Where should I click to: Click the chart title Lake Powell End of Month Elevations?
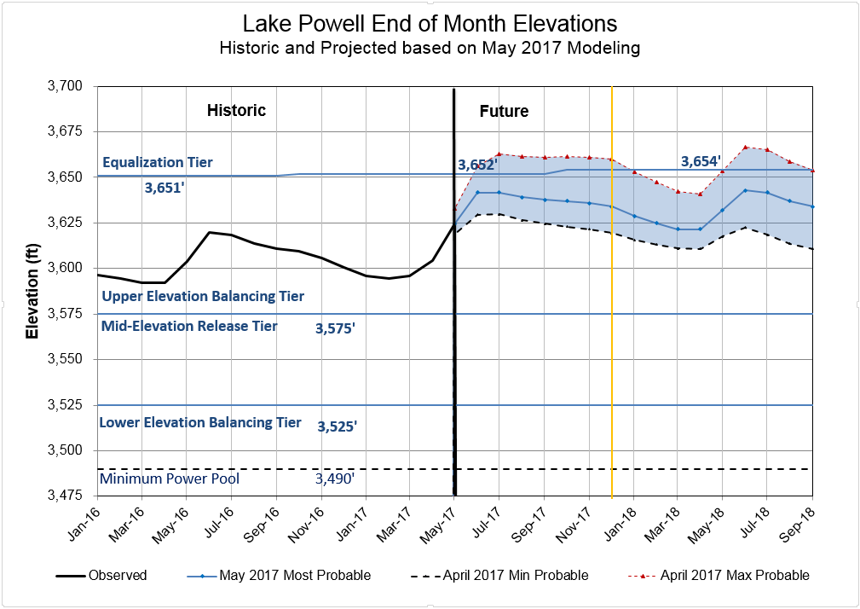click(430, 23)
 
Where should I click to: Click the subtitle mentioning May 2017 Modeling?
click(430, 48)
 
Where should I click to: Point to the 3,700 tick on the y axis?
click(65, 86)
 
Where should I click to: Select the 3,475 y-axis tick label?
click(65, 496)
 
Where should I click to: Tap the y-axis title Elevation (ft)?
click(32, 290)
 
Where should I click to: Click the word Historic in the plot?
click(237, 110)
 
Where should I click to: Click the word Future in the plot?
click(504, 111)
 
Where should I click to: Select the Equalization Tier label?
click(158, 162)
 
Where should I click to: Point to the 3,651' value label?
click(165, 188)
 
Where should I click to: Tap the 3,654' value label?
click(701, 161)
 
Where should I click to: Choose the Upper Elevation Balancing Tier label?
click(203, 296)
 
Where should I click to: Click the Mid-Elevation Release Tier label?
click(189, 326)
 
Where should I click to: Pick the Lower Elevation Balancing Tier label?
click(200, 422)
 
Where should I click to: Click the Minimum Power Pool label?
click(169, 478)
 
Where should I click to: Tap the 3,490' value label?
click(335, 479)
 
